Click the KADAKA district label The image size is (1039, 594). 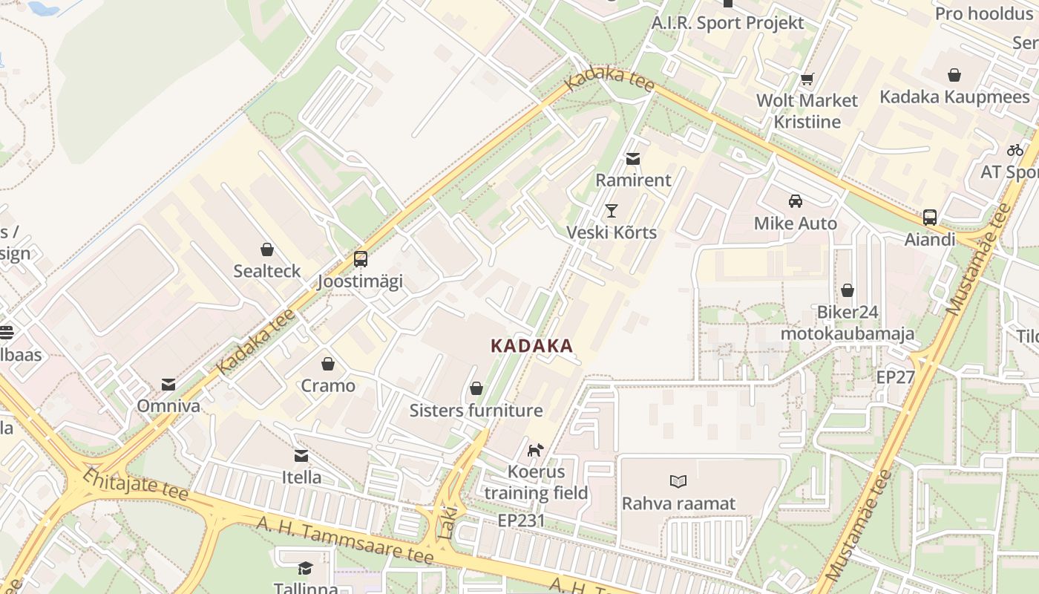pos(531,346)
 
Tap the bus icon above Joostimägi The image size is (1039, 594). pos(361,259)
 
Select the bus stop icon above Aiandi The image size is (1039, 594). pos(930,218)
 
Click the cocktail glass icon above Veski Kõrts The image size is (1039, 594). pos(611,211)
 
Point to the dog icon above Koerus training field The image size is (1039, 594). pos(536,449)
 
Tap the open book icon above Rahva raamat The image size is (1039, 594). pos(678,481)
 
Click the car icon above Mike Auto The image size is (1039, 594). pos(796,201)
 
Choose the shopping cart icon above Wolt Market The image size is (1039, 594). pos(807,79)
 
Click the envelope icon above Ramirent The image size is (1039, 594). pos(633,158)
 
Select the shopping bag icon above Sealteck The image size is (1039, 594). pos(267,249)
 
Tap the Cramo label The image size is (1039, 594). pos(328,386)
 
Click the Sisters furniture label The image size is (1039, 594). pos(476,411)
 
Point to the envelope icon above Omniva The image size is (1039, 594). pos(168,385)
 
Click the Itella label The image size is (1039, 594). pos(301,477)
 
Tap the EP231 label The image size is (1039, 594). pos(521,520)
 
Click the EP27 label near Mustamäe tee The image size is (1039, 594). pos(895,376)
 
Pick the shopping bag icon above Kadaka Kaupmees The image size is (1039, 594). pos(954,75)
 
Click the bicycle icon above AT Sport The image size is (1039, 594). pos(1015,150)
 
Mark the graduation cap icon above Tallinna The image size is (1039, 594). pos(305,569)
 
